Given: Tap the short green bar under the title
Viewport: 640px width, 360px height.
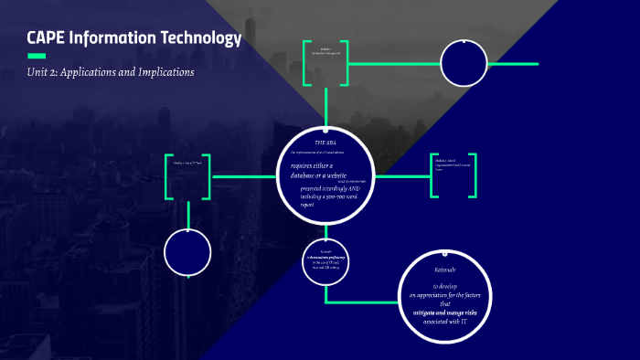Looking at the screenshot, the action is tap(37, 56).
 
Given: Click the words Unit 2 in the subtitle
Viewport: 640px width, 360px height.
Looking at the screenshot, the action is tap(42, 72).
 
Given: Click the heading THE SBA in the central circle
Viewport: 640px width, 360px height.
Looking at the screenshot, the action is tap(326, 143).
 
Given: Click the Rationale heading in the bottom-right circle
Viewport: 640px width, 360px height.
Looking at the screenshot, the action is tap(444, 270).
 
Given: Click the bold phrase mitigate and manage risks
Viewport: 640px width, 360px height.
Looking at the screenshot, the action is tap(444, 312).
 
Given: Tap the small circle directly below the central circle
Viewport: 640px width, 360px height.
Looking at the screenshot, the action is tap(325, 260).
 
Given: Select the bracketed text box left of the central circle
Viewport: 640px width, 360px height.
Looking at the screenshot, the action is tap(188, 176).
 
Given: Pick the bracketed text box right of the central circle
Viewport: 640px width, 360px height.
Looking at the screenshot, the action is tap(453, 175).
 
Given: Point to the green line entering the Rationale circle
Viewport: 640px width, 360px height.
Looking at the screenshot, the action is tap(366, 302).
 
